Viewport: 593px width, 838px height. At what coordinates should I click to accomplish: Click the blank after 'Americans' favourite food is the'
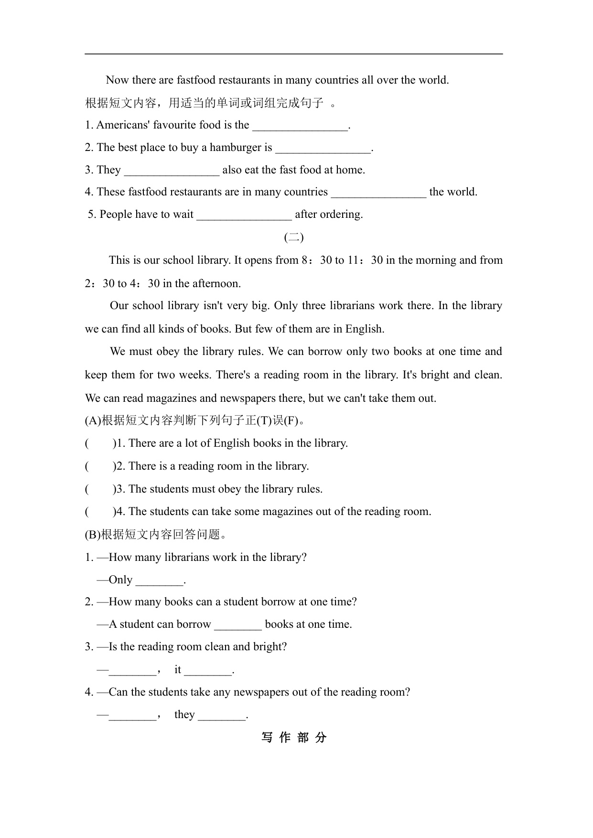pyautogui.click(x=301, y=126)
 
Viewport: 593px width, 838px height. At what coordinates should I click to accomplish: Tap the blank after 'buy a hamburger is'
pyautogui.click(x=323, y=148)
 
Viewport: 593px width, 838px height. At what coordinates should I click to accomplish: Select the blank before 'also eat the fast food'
pyautogui.click(x=172, y=171)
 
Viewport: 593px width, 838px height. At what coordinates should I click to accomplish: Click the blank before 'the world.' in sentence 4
pyautogui.click(x=378, y=193)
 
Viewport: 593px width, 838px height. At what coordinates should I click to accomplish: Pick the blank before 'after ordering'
pyautogui.click(x=244, y=215)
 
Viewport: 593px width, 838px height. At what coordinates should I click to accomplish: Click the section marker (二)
pyautogui.click(x=294, y=237)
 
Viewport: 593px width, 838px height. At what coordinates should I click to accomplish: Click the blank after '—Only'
pyautogui.click(x=159, y=581)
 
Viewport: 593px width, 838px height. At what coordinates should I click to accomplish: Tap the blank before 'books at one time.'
pyautogui.click(x=238, y=625)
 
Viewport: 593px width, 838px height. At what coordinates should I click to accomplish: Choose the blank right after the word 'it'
pyautogui.click(x=208, y=671)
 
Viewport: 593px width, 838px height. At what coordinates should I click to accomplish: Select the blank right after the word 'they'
pyautogui.click(x=221, y=716)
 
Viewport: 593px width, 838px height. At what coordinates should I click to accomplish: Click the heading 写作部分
pyautogui.click(x=294, y=738)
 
